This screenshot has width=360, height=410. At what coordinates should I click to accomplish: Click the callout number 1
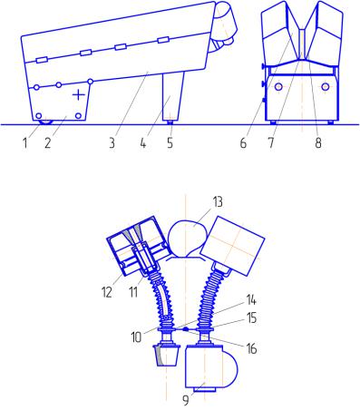25,143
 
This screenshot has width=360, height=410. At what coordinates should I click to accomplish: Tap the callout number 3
112,143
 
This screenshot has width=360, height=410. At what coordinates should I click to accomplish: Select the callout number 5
170,143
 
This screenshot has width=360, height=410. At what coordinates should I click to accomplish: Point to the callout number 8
318,143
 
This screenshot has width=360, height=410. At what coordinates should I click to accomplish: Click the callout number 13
218,202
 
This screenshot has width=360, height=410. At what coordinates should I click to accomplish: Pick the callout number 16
251,349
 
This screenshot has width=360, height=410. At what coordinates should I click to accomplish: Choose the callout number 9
186,400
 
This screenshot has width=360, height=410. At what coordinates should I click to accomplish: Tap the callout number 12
107,292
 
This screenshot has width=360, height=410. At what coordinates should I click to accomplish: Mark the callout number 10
136,337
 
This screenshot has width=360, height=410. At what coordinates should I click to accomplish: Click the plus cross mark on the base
79,95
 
